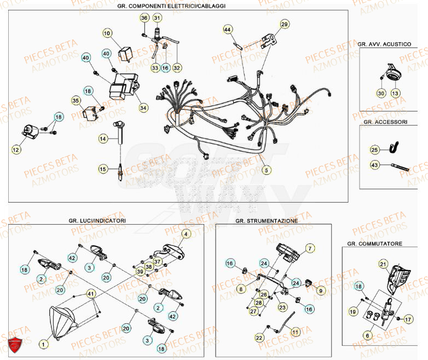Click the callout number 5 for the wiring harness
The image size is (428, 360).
267,169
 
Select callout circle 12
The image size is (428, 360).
15,148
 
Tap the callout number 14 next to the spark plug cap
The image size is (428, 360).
103,139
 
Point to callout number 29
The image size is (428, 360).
284,24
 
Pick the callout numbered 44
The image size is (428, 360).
228,28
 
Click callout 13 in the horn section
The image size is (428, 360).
395,93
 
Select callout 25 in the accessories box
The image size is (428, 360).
374,149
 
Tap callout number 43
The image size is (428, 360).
374,164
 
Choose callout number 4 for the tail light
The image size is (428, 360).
186,234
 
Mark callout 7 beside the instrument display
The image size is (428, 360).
309,248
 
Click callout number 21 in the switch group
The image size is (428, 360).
383,264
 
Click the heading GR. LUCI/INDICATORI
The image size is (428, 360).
97,220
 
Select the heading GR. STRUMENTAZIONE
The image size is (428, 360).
267,220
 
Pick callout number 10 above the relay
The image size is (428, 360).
107,33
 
